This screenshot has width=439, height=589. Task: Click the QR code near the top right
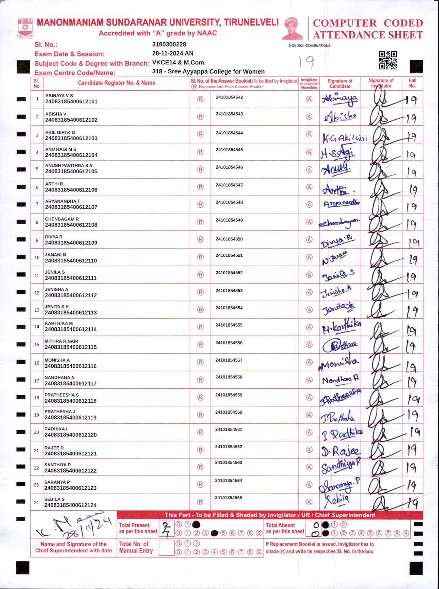pyautogui.click(x=387, y=60)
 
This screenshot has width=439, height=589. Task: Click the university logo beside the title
pyautogui.click(x=25, y=28)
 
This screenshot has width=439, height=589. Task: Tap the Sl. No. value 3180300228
pyautogui.click(x=169, y=44)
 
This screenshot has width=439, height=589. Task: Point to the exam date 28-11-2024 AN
pyautogui.click(x=173, y=53)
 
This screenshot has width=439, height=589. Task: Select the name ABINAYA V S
pyautogui.click(x=59, y=96)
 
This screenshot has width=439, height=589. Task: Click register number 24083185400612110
pyautogui.click(x=71, y=261)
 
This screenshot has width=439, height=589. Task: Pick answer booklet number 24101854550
pyautogui.click(x=229, y=239)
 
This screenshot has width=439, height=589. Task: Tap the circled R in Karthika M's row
pyautogui.click(x=200, y=327)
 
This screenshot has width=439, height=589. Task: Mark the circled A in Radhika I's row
pyautogui.click(x=309, y=433)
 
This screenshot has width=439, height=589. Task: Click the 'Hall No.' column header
pyautogui.click(x=412, y=83)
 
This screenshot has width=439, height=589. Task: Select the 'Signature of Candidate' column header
pyautogui.click(x=340, y=84)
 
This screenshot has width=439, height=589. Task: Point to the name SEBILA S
pyautogui.click(x=54, y=499)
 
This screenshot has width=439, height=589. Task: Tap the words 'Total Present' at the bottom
pyautogui.click(x=134, y=525)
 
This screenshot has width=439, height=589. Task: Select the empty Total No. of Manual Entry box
pyautogui.click(x=166, y=548)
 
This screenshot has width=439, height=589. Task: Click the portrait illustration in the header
pyautogui.click(x=292, y=28)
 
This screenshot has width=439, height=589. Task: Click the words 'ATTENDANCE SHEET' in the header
pyautogui.click(x=368, y=35)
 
